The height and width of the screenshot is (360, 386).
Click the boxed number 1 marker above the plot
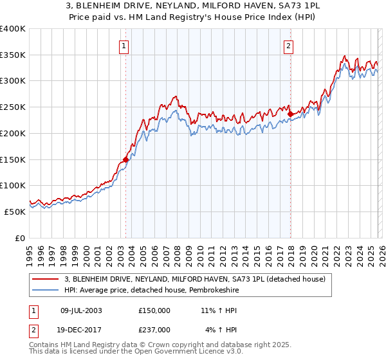coord(124,46)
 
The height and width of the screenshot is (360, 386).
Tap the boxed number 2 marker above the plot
coord(289,46)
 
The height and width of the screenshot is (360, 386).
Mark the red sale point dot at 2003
coord(126,159)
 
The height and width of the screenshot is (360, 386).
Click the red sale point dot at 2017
coord(290,114)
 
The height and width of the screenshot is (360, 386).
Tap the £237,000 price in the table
coord(154,329)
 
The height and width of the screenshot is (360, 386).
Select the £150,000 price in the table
coord(154,310)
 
